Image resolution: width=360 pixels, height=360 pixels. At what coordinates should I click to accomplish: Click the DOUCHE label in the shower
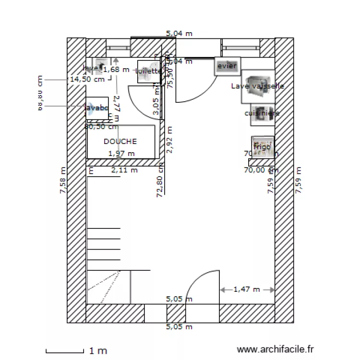120,142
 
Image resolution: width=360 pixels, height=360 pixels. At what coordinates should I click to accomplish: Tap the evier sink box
227,66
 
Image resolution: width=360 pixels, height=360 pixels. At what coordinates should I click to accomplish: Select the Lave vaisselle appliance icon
258,86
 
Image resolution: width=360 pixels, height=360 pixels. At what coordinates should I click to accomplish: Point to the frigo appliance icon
263,147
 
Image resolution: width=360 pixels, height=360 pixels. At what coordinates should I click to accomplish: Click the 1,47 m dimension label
246,289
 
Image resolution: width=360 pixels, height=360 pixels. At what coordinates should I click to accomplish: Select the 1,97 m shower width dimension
121,154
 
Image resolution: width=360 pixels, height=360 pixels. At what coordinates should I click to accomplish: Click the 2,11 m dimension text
124,170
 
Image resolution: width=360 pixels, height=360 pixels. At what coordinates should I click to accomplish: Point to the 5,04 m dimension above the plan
179,34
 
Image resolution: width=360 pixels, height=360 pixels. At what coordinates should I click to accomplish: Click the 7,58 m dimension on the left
62,180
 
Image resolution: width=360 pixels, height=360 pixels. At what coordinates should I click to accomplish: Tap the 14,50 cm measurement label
87,80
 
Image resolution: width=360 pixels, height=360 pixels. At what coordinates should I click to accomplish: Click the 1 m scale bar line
65,351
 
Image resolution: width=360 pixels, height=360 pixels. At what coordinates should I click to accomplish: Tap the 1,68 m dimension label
117,69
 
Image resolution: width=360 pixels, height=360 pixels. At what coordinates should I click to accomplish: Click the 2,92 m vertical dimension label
168,139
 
